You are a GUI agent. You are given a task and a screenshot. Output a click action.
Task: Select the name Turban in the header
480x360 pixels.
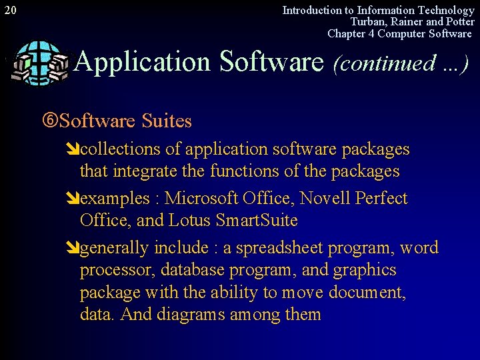368,22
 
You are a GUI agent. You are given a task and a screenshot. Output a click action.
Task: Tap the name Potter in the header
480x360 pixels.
459,22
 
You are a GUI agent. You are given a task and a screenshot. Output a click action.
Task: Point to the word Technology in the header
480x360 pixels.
445,10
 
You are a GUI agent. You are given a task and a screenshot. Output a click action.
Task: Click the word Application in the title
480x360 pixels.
143,62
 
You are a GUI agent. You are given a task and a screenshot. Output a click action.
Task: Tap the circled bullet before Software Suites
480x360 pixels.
49,121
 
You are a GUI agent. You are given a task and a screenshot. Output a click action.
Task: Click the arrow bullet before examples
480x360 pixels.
73,199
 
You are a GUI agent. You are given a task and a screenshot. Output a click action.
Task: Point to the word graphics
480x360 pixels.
365,271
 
